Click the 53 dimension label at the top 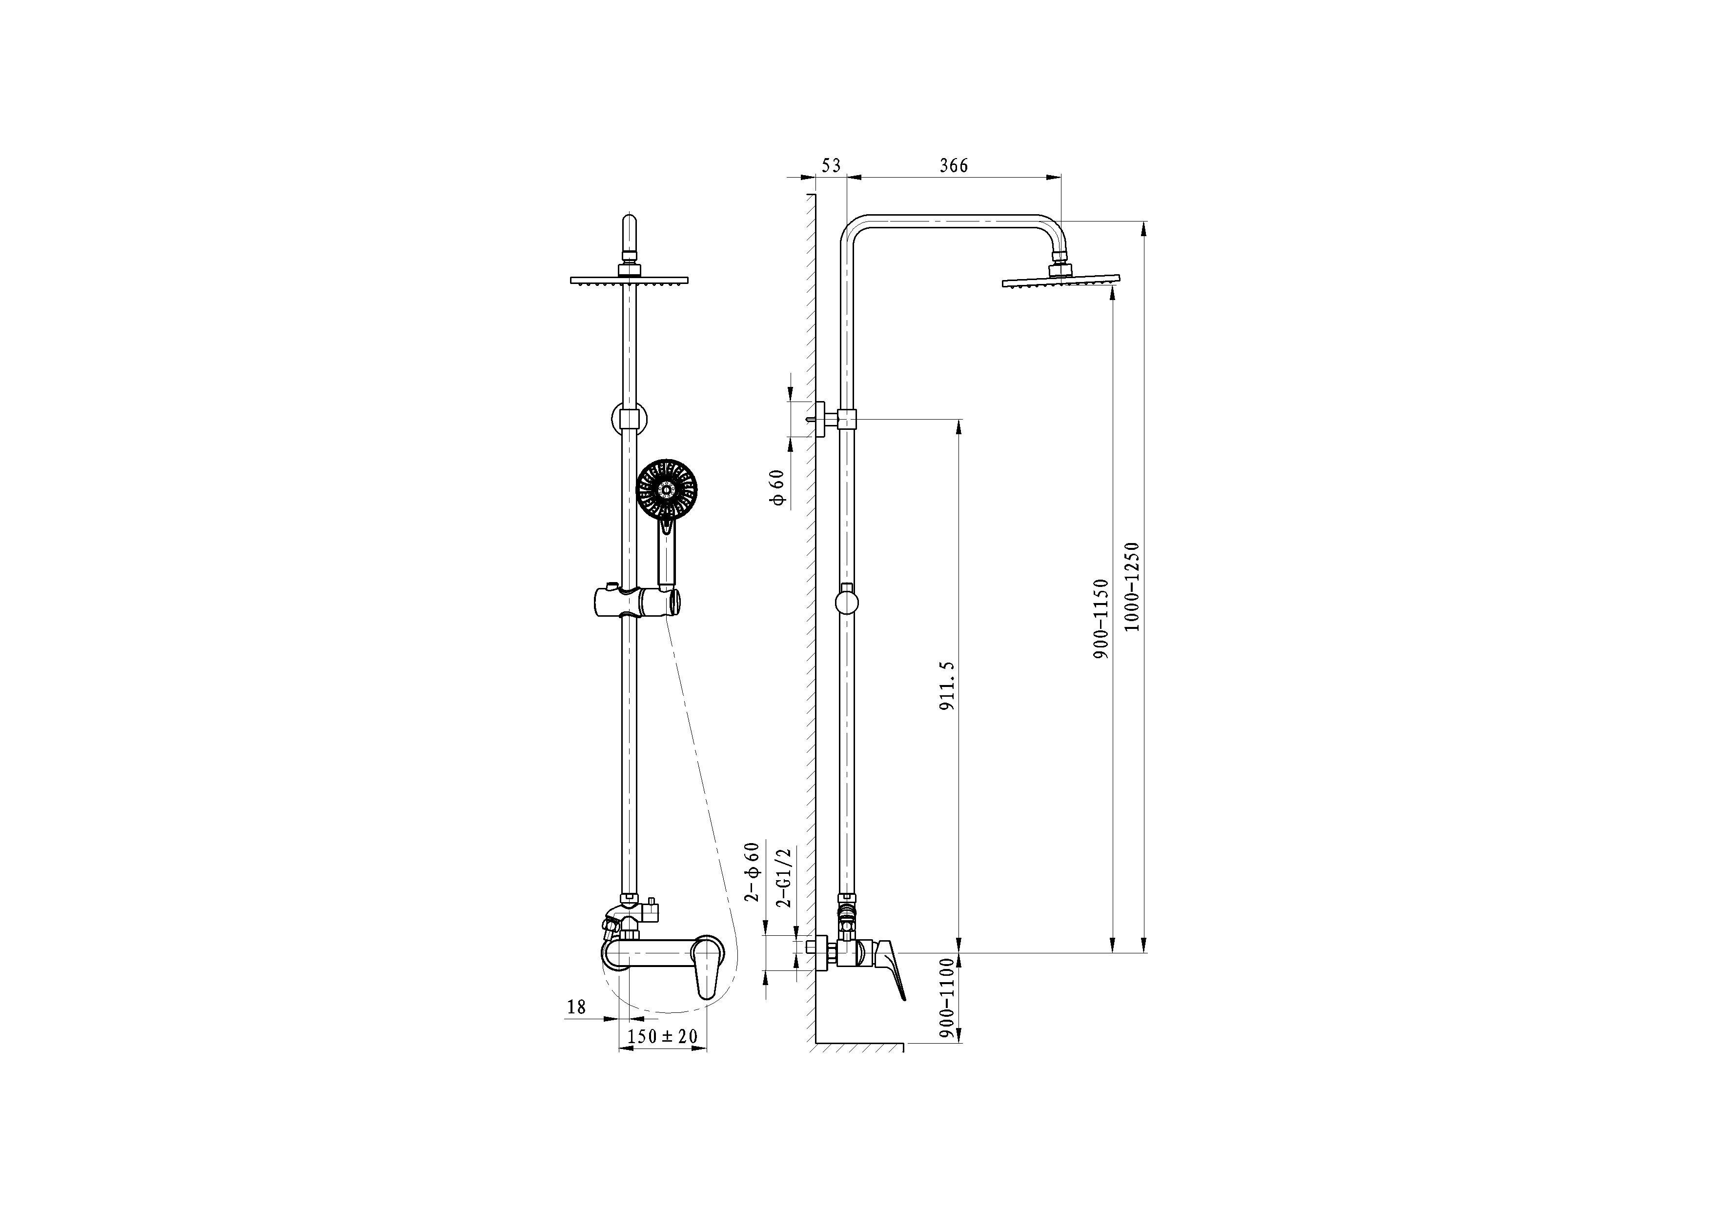[x=831, y=165]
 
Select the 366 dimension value [x=954, y=165]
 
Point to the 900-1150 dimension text [x=1101, y=618]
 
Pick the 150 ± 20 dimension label [x=662, y=1036]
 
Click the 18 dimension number [x=576, y=1007]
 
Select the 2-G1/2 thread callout [x=783, y=877]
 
